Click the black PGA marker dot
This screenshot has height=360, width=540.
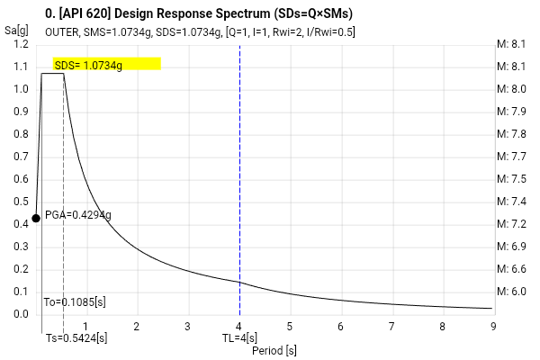tap(36, 218)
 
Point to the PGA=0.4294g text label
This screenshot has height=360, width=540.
tap(78, 215)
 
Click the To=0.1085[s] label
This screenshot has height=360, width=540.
tap(75, 302)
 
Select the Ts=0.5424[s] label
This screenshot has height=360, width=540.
tap(76, 338)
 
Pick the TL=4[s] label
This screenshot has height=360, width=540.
tap(240, 338)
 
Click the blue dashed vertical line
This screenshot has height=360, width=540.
tap(240, 180)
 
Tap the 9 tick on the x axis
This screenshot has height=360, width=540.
tap(492, 327)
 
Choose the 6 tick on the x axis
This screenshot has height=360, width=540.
tap(340, 327)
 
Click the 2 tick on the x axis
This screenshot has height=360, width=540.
tap(137, 327)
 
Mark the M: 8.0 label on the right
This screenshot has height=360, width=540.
tap(511, 89)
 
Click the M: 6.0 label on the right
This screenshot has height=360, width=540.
tap(511, 292)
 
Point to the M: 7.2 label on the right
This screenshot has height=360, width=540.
tap(511, 224)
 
